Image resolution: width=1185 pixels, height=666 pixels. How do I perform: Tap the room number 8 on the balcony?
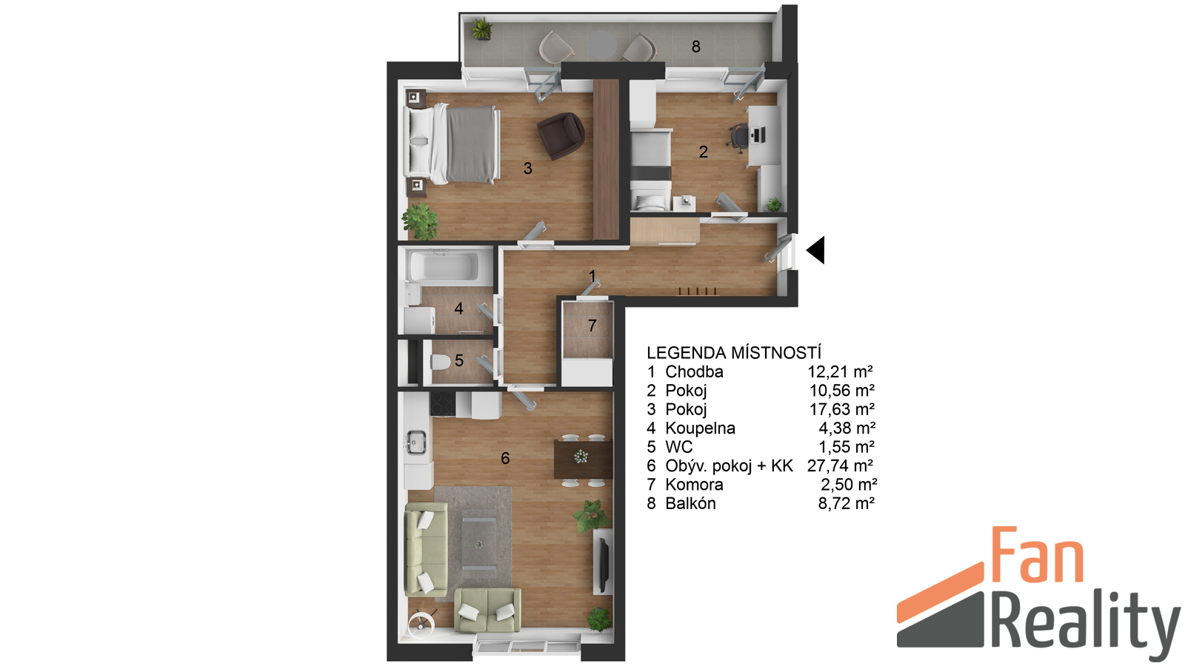(696, 47)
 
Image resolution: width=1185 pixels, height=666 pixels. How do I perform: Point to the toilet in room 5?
(441, 363)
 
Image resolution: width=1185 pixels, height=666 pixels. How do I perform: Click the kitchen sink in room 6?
(416, 443)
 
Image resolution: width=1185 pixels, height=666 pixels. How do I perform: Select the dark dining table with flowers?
(583, 460)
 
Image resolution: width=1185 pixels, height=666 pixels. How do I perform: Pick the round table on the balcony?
(603, 45)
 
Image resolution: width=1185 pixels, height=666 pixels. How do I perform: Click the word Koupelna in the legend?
(701, 428)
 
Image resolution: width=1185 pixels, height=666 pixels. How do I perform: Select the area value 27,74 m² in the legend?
(840, 465)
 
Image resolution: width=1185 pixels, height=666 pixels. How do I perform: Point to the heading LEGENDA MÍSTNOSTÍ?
(734, 352)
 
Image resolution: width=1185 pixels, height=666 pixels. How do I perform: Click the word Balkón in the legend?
(690, 504)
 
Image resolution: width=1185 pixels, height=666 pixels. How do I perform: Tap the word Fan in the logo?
(1038, 555)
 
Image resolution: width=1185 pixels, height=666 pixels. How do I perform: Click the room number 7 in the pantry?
(592, 326)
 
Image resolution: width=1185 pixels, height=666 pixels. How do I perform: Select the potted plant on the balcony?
(482, 29)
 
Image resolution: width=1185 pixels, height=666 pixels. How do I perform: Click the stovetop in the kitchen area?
(443, 404)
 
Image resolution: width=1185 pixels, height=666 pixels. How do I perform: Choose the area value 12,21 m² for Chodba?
(840, 371)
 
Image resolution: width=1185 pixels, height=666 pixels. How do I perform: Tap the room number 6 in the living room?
(505, 458)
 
